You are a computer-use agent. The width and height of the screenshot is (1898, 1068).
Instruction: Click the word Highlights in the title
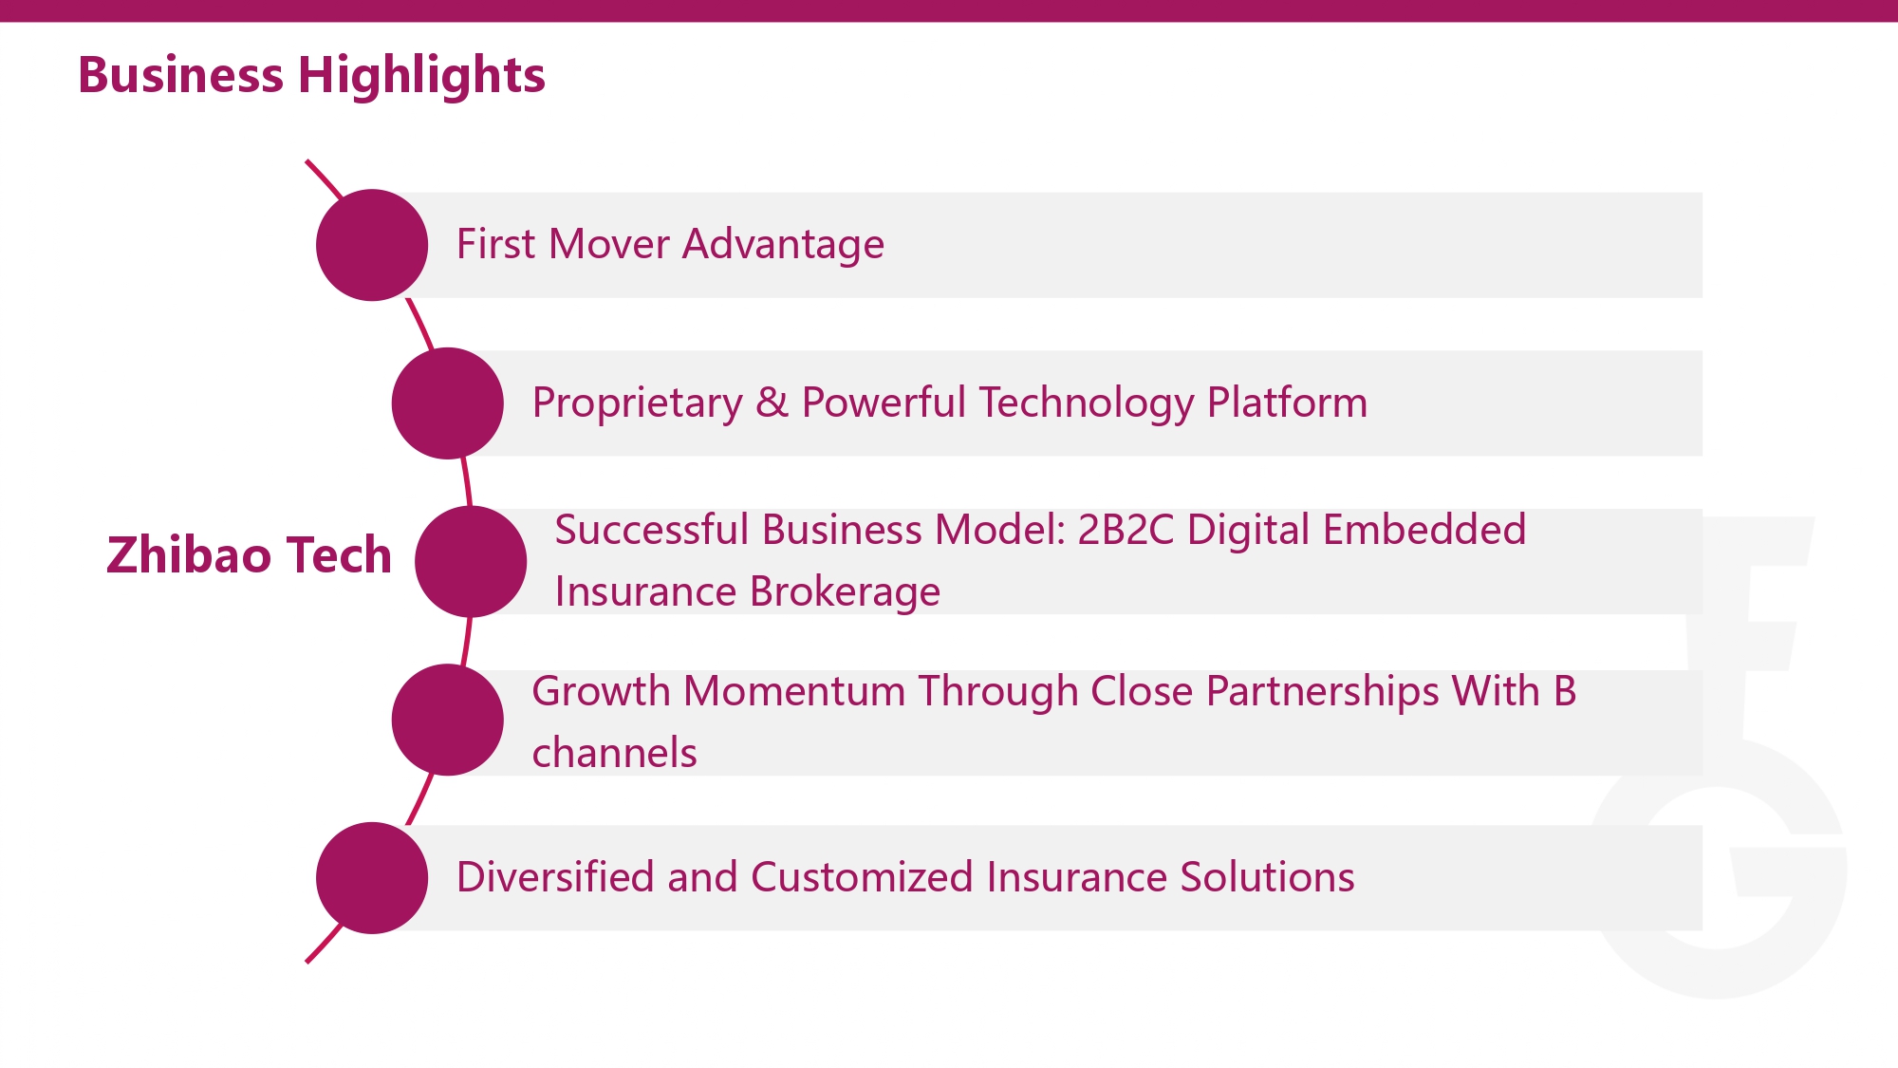tap(421, 76)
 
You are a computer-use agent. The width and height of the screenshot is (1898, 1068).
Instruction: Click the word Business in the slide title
tap(180, 75)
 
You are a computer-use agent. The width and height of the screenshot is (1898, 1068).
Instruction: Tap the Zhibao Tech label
tap(249, 555)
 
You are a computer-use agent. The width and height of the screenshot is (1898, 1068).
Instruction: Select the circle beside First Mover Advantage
tap(372, 245)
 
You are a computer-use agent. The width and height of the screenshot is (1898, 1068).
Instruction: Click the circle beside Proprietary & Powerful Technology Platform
tap(448, 403)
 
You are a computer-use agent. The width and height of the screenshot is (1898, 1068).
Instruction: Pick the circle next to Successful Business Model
tap(471, 561)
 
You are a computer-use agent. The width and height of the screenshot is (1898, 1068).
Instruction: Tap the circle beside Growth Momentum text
tap(448, 720)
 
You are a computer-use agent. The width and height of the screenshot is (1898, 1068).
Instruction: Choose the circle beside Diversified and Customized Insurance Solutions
tap(372, 878)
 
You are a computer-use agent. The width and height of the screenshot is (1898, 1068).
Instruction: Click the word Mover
tap(609, 244)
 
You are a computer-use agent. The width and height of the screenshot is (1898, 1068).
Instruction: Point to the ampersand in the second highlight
tap(772, 403)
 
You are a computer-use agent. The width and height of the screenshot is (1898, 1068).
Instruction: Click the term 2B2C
tap(1126, 530)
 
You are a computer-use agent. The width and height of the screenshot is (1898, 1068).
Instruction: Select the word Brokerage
tap(845, 592)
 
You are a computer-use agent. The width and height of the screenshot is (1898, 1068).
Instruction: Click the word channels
tap(614, 753)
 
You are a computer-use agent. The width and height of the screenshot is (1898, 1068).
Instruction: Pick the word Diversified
tap(555, 876)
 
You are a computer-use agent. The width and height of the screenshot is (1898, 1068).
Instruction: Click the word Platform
tap(1287, 402)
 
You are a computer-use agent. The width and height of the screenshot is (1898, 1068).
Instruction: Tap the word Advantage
tap(784, 245)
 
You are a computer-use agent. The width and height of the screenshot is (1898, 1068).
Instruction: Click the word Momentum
tap(794, 691)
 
